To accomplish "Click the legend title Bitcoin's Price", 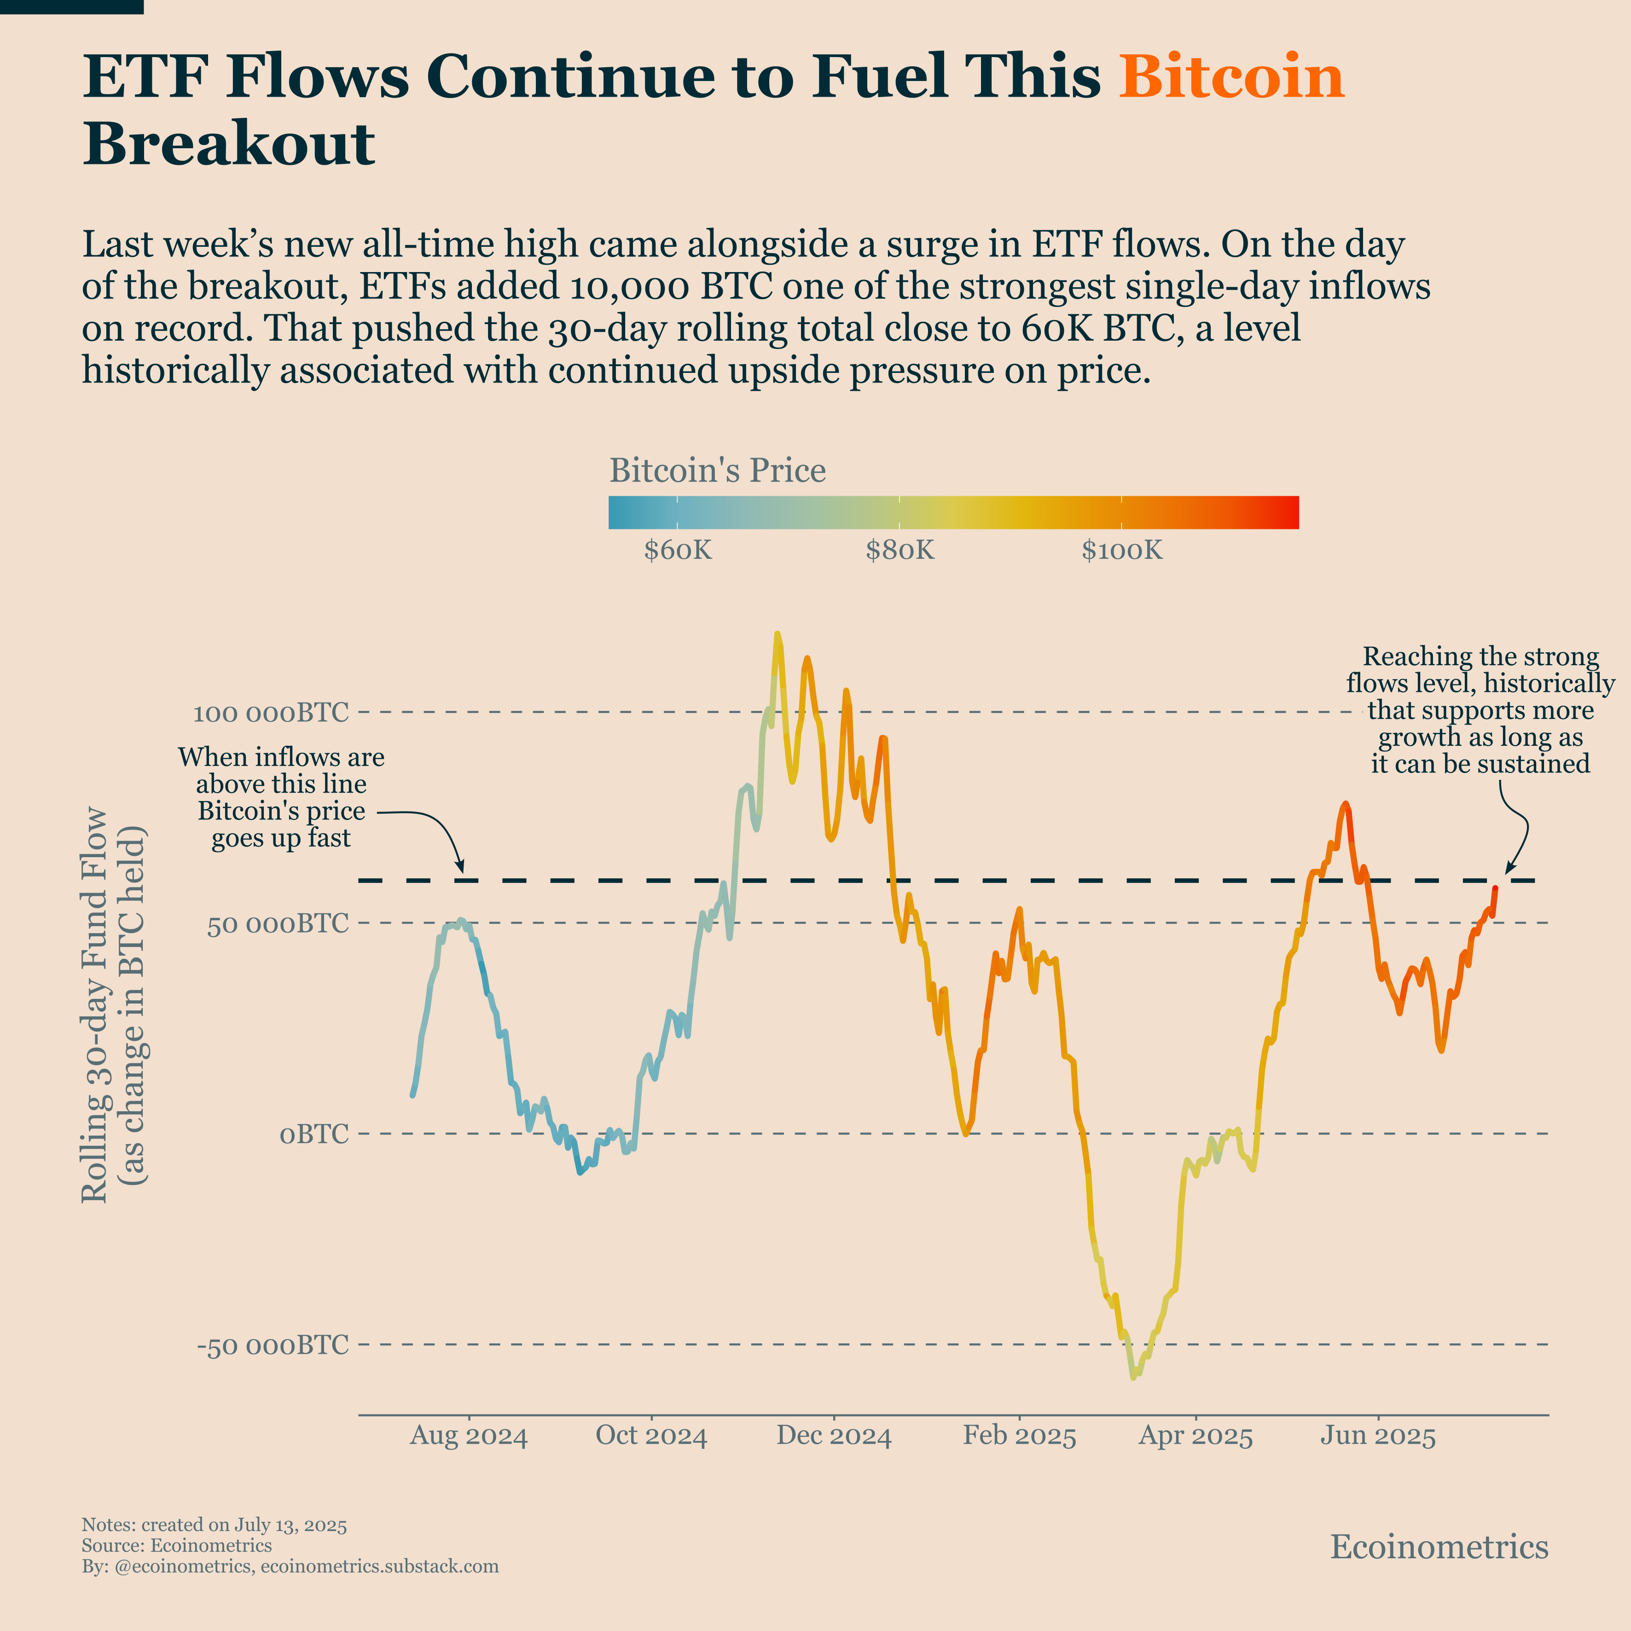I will point(718,470).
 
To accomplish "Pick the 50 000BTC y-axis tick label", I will point(278,923).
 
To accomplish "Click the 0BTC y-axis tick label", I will point(314,1134).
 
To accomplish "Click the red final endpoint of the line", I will point(1495,888).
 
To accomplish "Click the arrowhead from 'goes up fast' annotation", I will point(461,870).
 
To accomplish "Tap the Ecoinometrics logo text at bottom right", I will point(1439,1547).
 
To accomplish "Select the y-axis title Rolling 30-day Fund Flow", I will point(94,1004).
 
